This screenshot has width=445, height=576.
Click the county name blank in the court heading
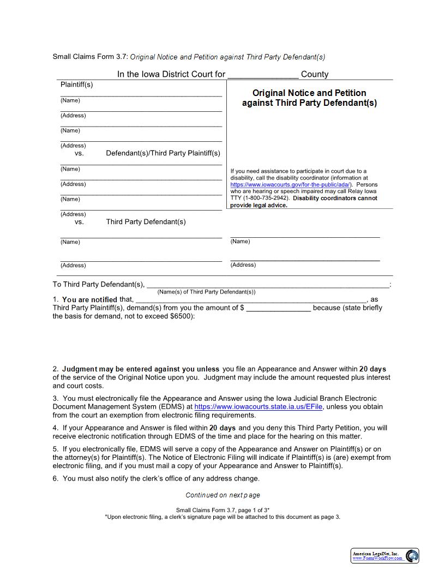(x=262, y=75)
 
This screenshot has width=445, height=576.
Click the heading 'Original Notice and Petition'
(x=309, y=93)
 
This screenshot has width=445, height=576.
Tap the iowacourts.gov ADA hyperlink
(x=291, y=185)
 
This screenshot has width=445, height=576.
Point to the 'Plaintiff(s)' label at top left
(x=76, y=85)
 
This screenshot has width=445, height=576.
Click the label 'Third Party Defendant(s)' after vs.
(x=146, y=222)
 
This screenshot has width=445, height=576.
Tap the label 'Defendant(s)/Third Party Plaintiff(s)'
(x=163, y=153)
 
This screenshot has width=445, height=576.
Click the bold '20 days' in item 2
(x=372, y=369)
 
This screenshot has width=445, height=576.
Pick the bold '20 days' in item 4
(x=222, y=428)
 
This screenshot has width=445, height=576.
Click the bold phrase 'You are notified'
(x=89, y=299)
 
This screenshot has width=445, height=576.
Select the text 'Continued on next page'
(x=222, y=495)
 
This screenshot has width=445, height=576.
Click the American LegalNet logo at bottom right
(x=384, y=556)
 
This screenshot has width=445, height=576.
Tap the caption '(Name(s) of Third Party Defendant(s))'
(x=206, y=292)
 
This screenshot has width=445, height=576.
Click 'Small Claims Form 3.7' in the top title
(x=90, y=57)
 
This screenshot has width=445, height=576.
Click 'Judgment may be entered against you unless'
(x=140, y=369)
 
